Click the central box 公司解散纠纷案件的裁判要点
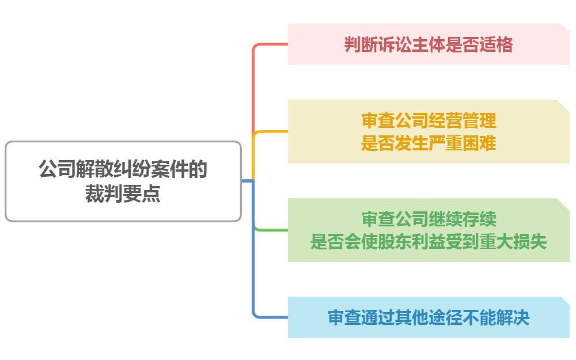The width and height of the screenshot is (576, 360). click(x=123, y=181)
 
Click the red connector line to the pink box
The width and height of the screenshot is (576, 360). click(x=253, y=86)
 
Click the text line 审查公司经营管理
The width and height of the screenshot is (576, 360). click(x=429, y=121)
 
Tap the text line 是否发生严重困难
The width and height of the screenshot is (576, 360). click(x=429, y=143)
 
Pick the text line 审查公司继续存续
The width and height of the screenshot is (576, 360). click(x=429, y=219)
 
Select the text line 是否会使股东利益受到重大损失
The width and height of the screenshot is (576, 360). click(x=429, y=242)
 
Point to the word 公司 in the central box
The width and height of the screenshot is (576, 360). click(x=51, y=170)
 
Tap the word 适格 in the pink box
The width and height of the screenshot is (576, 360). click(x=499, y=44)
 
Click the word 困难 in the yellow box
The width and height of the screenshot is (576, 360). click(x=482, y=143)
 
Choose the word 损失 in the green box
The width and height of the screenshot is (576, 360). click(x=533, y=242)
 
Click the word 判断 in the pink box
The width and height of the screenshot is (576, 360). click(x=358, y=44)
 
